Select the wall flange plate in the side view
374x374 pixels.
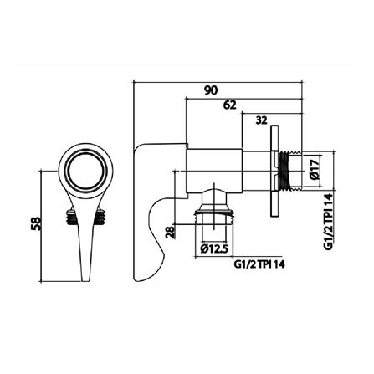click(274, 179)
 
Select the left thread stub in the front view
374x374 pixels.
click(69, 218)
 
